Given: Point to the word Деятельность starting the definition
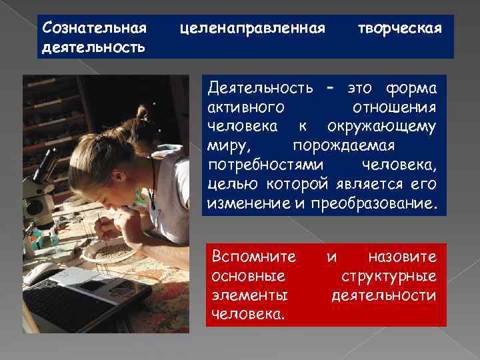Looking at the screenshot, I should point(261,89).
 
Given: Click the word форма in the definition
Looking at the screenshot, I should point(411,89).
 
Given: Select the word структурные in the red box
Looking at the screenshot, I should point(389,275).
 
